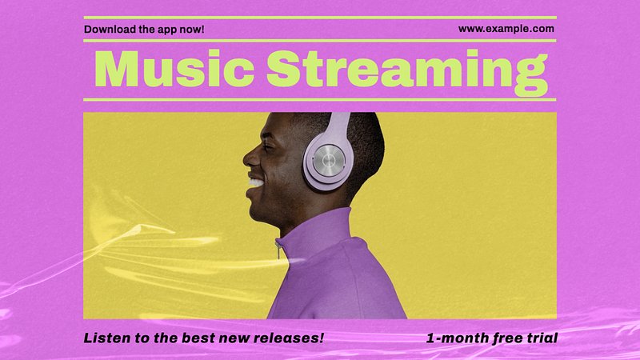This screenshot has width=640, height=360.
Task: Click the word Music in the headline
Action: [174, 68]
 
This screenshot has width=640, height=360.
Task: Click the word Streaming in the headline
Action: [407, 73]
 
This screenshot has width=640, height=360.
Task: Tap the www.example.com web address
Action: [506, 29]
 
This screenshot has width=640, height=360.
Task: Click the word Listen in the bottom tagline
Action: [103, 338]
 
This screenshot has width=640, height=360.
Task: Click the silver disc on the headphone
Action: [330, 160]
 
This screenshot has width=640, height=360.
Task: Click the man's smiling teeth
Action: [256, 182]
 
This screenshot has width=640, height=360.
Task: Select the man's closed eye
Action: [270, 145]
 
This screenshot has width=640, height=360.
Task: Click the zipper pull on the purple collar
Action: [278, 250]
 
